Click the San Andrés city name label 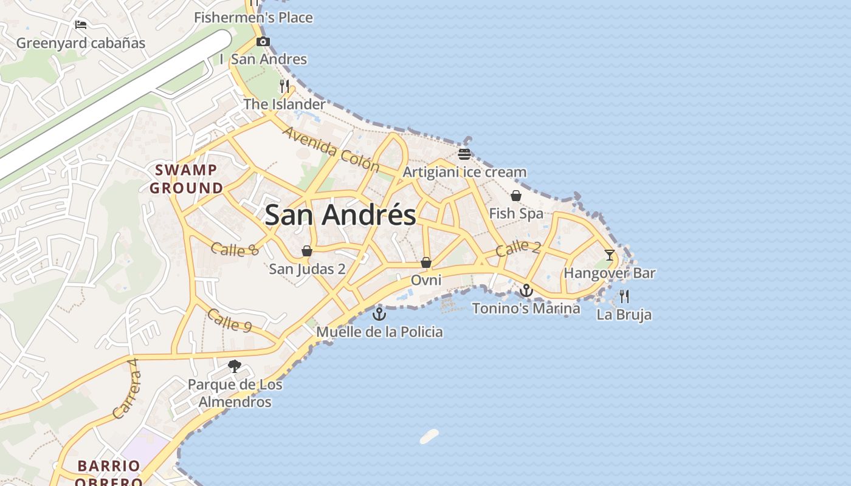click(340, 215)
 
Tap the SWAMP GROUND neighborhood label click(187, 179)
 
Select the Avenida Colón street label click(331, 149)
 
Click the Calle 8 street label click(235, 248)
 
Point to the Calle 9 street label click(229, 320)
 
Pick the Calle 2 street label click(517, 248)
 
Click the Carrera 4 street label click(126, 388)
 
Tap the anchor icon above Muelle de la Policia click(379, 314)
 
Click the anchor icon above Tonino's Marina click(526, 290)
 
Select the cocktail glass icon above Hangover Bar click(610, 255)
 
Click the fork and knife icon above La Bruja click(624, 296)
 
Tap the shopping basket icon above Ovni click(426, 262)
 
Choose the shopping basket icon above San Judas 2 click(307, 251)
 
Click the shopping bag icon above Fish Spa click(516, 196)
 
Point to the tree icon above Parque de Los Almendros click(235, 366)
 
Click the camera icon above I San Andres click(263, 42)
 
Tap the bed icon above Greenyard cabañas click(81, 25)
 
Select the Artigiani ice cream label click(464, 172)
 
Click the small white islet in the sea click(429, 436)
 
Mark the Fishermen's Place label click(253, 18)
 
